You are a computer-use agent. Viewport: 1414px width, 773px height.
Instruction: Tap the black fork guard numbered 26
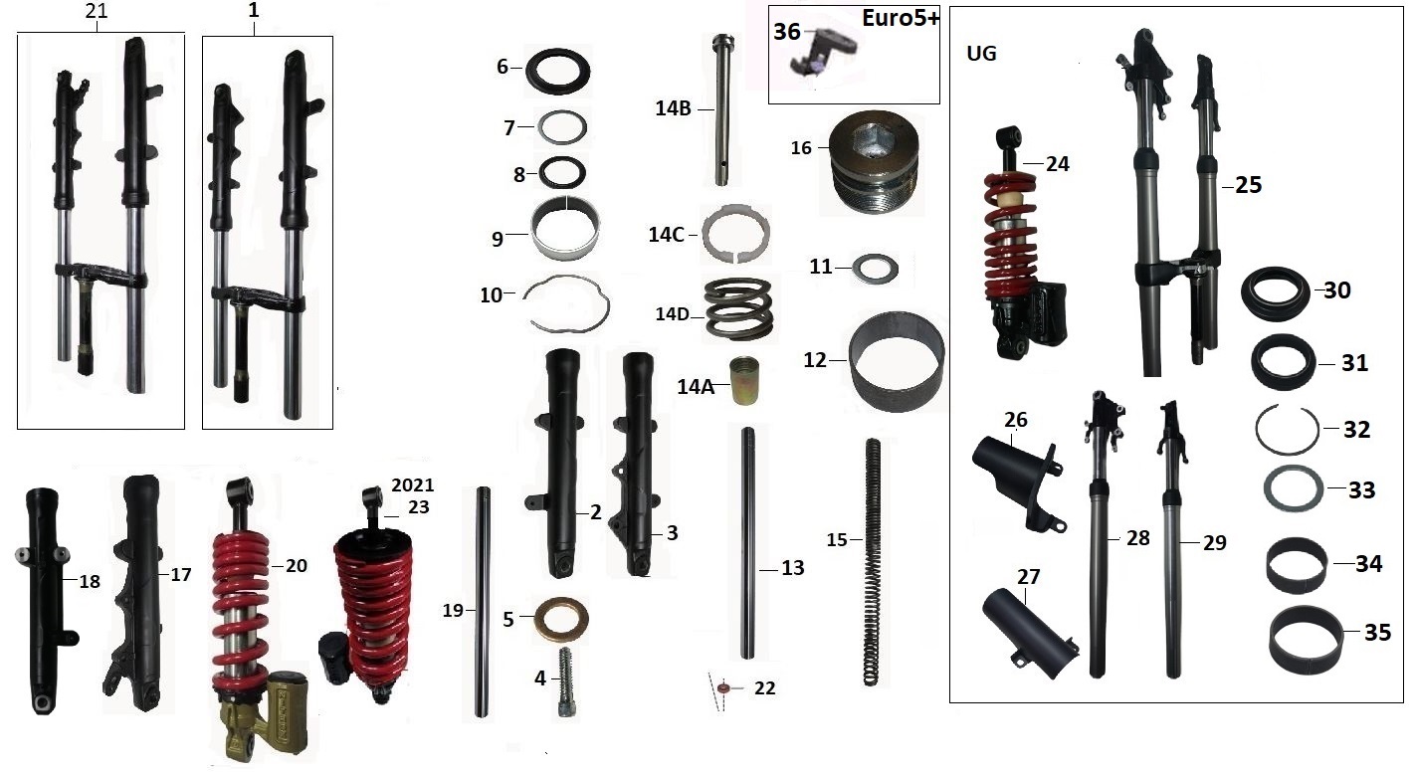(1015, 474)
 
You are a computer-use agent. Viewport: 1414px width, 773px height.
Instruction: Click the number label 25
(1248, 185)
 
